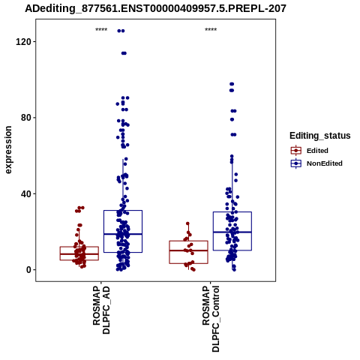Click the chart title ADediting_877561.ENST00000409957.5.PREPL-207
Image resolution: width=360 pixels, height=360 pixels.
(x=155, y=9)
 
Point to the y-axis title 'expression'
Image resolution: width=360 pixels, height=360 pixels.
(x=8, y=150)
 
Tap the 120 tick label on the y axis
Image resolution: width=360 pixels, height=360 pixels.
(x=23, y=41)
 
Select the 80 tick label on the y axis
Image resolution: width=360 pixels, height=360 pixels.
(x=26, y=118)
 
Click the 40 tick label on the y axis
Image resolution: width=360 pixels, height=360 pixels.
(x=26, y=193)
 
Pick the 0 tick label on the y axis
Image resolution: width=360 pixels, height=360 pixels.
(x=28, y=270)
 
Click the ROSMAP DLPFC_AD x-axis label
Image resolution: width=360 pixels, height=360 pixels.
(x=101, y=310)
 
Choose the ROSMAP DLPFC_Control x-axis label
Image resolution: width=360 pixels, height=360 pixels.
(x=211, y=319)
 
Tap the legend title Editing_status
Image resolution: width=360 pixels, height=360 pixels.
(x=320, y=136)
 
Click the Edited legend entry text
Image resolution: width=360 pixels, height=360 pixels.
(x=317, y=151)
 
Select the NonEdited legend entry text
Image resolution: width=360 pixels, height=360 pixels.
(x=325, y=163)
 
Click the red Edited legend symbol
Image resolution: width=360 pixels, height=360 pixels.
(x=296, y=151)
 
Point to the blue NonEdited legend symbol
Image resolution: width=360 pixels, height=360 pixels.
(x=296, y=163)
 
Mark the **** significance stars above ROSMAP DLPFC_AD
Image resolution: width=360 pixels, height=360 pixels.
(x=101, y=30)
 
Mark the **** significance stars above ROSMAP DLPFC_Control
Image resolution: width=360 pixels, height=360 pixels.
(x=211, y=30)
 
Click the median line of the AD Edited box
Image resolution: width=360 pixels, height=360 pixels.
(x=79, y=254)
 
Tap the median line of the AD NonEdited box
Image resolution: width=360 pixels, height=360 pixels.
(x=123, y=234)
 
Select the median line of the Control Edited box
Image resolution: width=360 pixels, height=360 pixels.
(x=188, y=250)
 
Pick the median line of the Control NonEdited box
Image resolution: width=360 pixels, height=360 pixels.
(x=232, y=232)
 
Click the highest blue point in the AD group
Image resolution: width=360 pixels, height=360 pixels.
(x=121, y=31)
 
